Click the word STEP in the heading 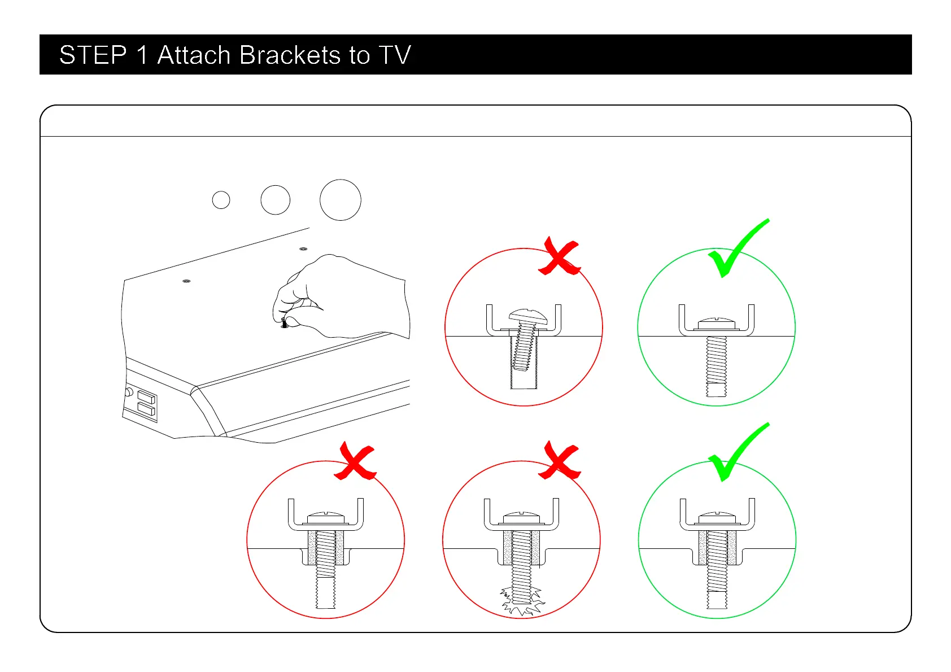coord(93,55)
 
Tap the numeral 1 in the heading coord(142,55)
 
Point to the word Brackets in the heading coord(290,55)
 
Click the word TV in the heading coord(395,55)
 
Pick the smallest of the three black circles coord(221,200)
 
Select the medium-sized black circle coord(276,200)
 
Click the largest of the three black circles coord(340,200)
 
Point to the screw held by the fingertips coord(284,324)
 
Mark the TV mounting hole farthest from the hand coord(186,281)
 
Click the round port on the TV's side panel coord(129,391)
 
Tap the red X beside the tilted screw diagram coord(560,257)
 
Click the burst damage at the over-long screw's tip coord(522,601)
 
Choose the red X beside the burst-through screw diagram coord(559,461)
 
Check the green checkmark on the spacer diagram coord(738,452)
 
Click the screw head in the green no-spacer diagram coord(716,324)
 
